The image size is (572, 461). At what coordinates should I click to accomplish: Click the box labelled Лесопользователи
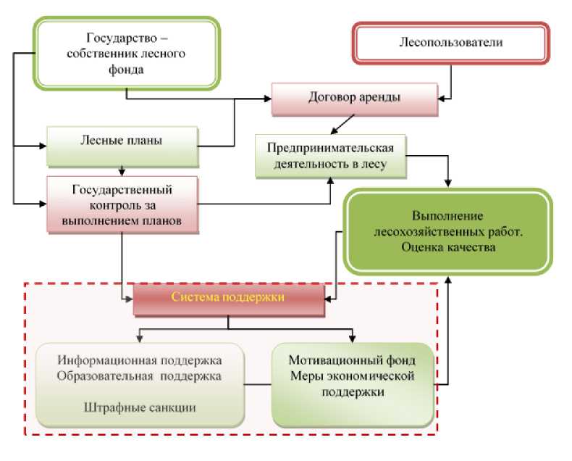(x=451, y=43)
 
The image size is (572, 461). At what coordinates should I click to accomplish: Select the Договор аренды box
(x=355, y=99)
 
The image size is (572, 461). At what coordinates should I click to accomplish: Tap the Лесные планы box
(x=122, y=146)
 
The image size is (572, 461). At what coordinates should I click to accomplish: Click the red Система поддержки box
(x=229, y=300)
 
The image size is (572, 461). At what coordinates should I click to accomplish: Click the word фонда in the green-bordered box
(x=126, y=70)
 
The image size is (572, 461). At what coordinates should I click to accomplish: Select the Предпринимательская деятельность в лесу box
(x=330, y=156)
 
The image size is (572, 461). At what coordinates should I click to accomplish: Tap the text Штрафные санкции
(x=140, y=407)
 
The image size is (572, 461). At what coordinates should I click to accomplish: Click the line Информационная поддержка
(x=140, y=360)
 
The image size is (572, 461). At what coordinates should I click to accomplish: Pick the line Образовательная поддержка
(x=139, y=376)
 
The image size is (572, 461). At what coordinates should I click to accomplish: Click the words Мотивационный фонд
(x=352, y=360)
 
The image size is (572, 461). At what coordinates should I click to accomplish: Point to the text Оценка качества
(x=448, y=247)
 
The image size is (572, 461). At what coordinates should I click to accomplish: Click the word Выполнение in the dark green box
(x=447, y=215)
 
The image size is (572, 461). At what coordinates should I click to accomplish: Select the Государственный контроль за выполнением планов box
(x=122, y=204)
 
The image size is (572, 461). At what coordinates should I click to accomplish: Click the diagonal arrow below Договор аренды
(x=342, y=125)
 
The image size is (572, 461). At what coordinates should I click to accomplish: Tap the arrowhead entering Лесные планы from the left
(x=43, y=146)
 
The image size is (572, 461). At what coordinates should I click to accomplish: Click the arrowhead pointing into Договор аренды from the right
(x=442, y=99)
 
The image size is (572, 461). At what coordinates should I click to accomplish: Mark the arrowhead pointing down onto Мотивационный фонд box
(x=352, y=339)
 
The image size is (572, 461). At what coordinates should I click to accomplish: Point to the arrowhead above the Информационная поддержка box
(x=139, y=339)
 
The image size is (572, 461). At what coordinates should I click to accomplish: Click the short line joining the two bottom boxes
(x=258, y=384)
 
